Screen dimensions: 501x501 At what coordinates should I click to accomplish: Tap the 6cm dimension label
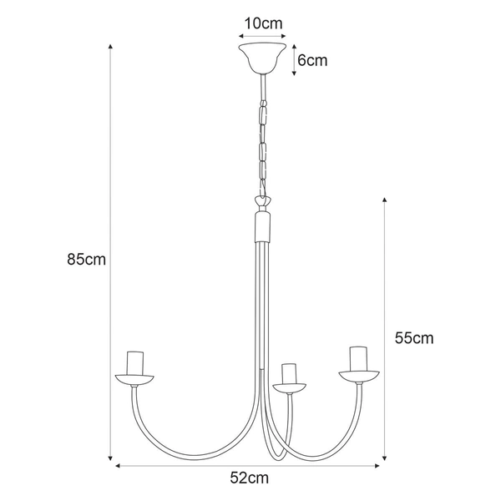312,60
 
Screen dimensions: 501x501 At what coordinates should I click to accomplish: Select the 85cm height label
87,260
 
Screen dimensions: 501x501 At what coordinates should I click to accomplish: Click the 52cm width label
250,478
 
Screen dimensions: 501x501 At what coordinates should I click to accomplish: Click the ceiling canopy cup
262,58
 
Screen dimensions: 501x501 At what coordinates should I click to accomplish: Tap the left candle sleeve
135,362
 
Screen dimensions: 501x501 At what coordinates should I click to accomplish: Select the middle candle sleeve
290,374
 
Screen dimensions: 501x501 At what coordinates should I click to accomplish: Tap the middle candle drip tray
290,387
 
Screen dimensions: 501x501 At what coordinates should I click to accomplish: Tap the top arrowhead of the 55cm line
384,201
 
